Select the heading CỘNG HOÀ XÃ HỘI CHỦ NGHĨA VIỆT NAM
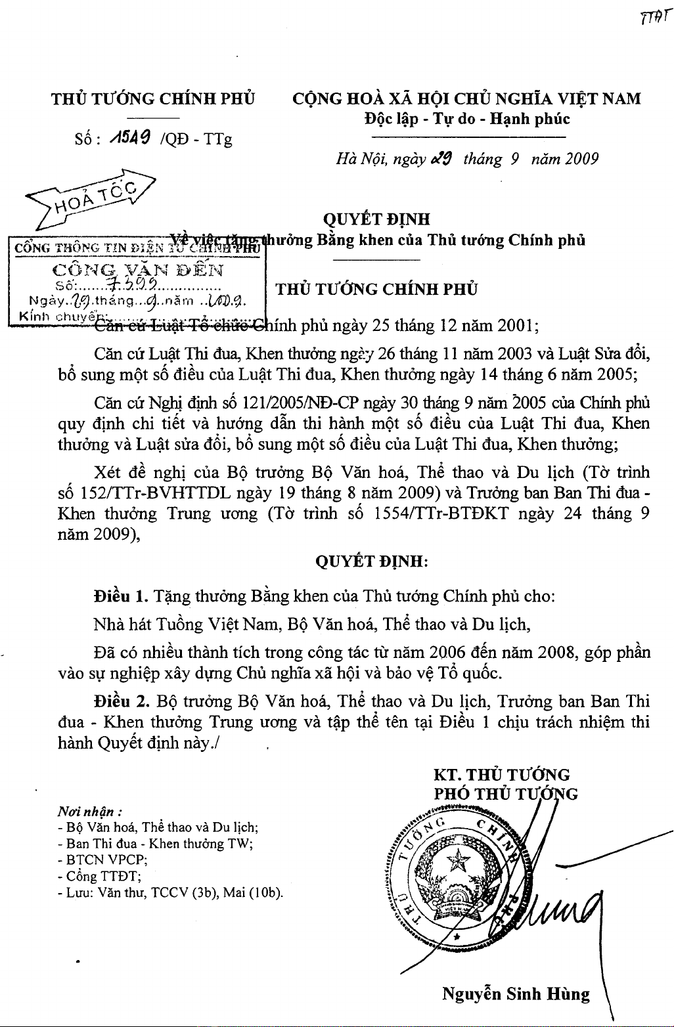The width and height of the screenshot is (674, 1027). point(466,99)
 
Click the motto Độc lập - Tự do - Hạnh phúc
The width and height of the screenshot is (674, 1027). point(467,119)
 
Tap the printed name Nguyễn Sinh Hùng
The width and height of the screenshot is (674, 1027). point(516,994)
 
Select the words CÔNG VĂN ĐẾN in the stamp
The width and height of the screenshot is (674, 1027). point(137,269)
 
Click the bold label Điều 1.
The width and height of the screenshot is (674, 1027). point(119,597)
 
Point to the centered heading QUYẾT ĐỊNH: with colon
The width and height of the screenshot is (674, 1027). point(372,561)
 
